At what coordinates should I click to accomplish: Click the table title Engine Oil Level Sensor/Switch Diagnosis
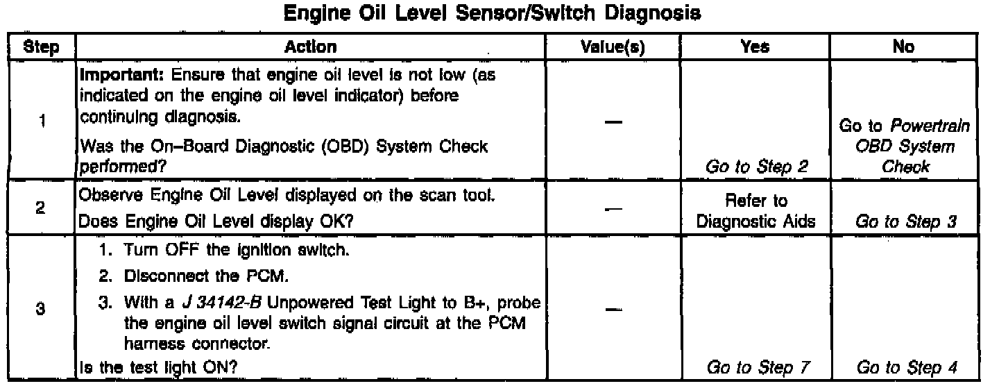[x=492, y=13]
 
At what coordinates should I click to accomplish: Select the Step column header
[x=41, y=47]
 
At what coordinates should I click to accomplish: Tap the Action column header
[x=310, y=47]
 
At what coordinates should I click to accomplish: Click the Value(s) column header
[x=613, y=47]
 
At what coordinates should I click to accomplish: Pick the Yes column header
[x=755, y=47]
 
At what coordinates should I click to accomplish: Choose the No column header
[x=903, y=47]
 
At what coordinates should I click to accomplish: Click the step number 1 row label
[x=42, y=121]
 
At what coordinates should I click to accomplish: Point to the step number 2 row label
[x=40, y=208]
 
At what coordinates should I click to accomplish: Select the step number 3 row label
[x=40, y=309]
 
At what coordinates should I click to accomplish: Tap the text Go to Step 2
[x=756, y=167]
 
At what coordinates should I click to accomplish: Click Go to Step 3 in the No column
[x=906, y=221]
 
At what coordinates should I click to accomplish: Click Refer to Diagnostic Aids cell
[x=756, y=211]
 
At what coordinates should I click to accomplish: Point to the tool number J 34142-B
[x=222, y=303]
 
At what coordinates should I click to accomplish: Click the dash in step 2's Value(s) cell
[x=613, y=209]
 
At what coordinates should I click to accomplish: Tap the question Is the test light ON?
[x=158, y=368]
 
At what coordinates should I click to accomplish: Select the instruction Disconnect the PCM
[x=206, y=276]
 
